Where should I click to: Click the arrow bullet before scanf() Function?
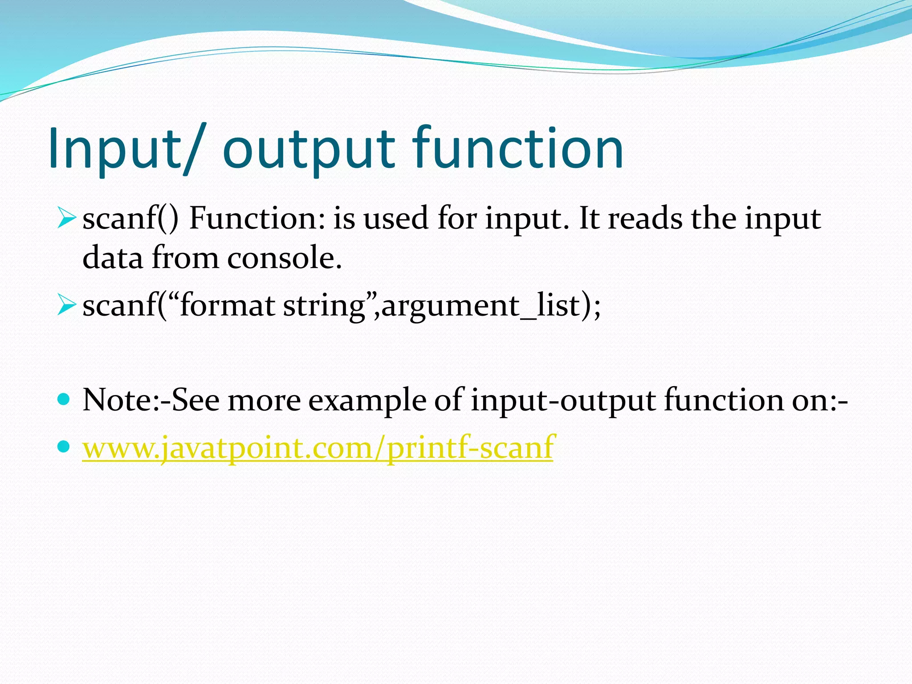coord(67,218)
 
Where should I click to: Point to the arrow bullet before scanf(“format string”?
coord(67,306)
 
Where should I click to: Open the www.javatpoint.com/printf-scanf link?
coord(318,448)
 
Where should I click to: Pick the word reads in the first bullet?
coord(645,219)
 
